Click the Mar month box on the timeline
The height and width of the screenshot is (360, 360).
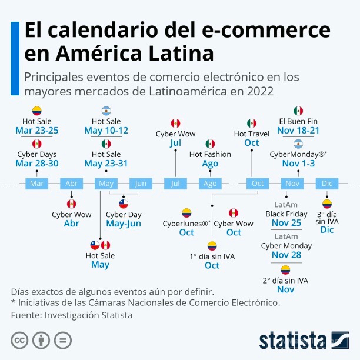[36, 184]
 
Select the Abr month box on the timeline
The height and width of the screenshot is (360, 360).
[71, 184]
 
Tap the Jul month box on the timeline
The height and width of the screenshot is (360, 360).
[175, 184]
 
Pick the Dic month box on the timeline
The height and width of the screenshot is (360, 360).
[326, 184]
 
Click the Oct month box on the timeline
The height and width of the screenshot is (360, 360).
[258, 184]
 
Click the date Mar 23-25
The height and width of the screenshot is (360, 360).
[37, 131]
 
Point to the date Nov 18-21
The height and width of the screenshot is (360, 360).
[298, 131]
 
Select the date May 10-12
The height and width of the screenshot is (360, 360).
[106, 131]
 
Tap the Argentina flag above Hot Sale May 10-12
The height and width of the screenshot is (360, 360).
[106, 111]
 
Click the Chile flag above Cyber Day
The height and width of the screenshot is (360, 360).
[124, 204]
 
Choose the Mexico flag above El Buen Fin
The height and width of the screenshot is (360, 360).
[298, 111]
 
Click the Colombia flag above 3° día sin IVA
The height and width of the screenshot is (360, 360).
[326, 204]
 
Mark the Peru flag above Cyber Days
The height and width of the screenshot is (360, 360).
[37, 144]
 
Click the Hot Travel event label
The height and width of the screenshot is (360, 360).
[251, 134]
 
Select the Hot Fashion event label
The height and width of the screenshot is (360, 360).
[210, 154]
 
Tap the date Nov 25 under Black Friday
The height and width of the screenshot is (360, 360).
[286, 224]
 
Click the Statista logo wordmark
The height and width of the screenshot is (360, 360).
[292, 340]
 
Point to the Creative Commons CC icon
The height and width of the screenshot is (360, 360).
[20, 340]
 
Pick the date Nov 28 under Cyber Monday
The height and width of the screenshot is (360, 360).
[286, 255]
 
